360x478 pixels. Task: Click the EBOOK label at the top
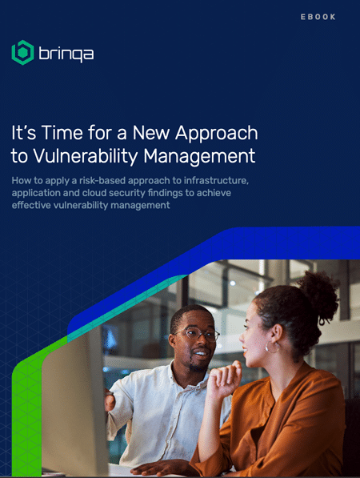tap(318, 17)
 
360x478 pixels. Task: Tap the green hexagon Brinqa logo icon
tap(22, 52)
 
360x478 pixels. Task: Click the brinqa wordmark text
tap(66, 54)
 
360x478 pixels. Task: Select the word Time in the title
tap(62, 133)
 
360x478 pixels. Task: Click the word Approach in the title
tap(217, 134)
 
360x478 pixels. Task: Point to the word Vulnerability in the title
tap(86, 157)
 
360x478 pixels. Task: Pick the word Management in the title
tap(199, 157)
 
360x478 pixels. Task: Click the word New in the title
tap(150, 133)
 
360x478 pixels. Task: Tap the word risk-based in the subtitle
tap(102, 180)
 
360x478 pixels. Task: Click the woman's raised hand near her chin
tap(225, 378)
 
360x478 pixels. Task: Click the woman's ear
tap(276, 335)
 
